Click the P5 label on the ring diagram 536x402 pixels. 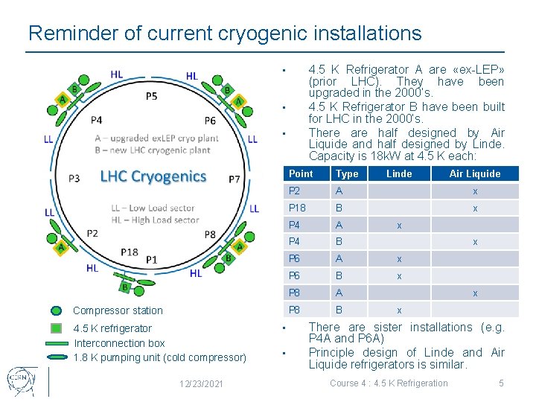click(151, 96)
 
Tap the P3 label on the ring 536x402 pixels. click(74, 179)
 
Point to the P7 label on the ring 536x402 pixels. click(234, 179)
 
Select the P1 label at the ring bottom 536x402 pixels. click(151, 259)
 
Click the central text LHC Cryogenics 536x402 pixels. click(153, 176)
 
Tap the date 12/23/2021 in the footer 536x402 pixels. click(202, 383)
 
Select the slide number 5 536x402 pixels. click(501, 383)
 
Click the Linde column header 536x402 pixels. click(399, 173)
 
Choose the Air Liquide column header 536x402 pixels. click(475, 173)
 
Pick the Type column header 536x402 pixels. click(347, 173)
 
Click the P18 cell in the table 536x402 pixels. click(297, 208)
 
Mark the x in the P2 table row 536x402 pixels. click(475, 191)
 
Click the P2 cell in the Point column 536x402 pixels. click(295, 191)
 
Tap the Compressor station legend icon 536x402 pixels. click(57, 311)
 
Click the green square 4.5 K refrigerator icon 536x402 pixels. click(57, 328)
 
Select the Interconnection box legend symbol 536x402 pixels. click(57, 343)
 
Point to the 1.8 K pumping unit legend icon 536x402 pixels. click(57, 357)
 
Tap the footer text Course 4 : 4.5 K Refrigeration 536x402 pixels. click(389, 383)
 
